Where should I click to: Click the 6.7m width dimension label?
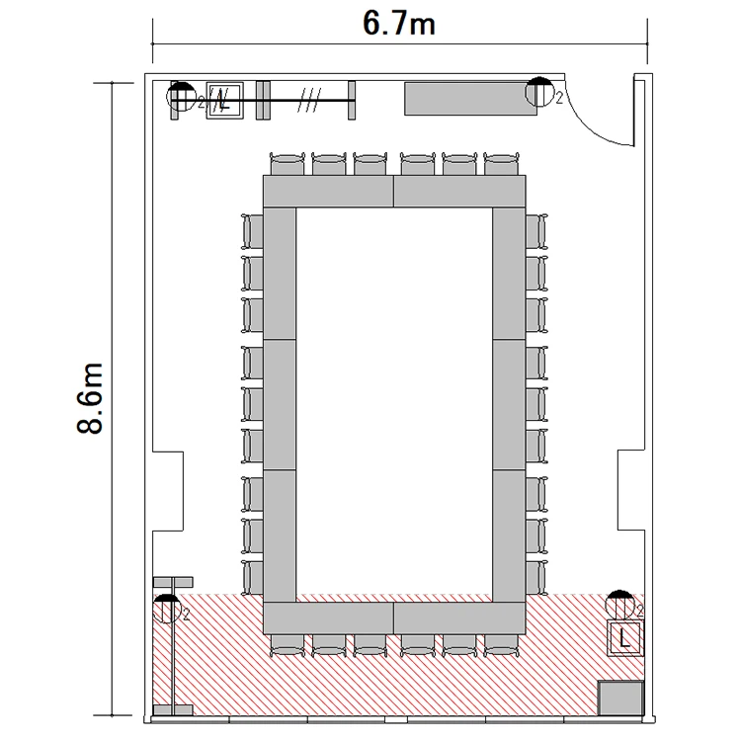[x=399, y=24]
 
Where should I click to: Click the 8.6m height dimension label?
[x=90, y=398]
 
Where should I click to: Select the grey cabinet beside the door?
[x=470, y=99]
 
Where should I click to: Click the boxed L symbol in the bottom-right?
[x=624, y=638]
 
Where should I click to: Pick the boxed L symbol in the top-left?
[x=225, y=100]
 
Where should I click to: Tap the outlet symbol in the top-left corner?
[x=182, y=96]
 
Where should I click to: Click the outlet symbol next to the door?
[x=539, y=91]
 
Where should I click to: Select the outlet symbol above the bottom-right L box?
[x=619, y=605]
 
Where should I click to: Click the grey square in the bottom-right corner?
[x=620, y=698]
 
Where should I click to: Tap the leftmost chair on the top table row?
[x=288, y=163]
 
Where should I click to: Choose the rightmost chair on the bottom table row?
[x=501, y=645]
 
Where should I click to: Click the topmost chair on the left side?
[x=253, y=231]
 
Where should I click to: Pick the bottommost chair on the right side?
[x=536, y=578]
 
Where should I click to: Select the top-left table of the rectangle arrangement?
[x=328, y=191]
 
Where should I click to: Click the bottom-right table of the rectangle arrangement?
[x=459, y=617]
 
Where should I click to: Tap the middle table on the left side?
[x=280, y=404]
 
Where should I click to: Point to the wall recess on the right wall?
[x=631, y=490]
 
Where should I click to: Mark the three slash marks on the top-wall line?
[x=309, y=100]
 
